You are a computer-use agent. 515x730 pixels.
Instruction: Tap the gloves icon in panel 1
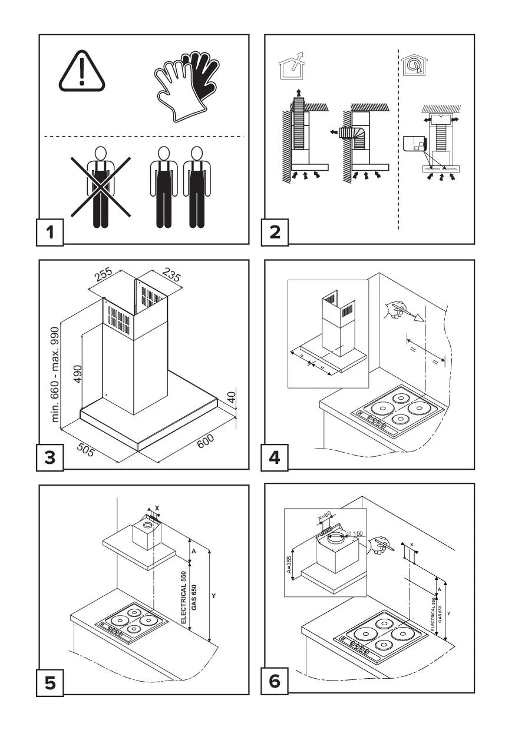pyautogui.click(x=183, y=85)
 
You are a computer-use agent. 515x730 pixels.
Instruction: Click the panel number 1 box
pyautogui.click(x=50, y=231)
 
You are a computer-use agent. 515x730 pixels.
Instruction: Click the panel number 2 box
pyautogui.click(x=275, y=231)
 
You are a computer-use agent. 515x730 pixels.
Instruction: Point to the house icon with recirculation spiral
pyautogui.click(x=411, y=65)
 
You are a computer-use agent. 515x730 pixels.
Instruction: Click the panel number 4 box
pyautogui.click(x=275, y=457)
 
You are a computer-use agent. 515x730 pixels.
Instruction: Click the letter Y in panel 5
pyautogui.click(x=214, y=596)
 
